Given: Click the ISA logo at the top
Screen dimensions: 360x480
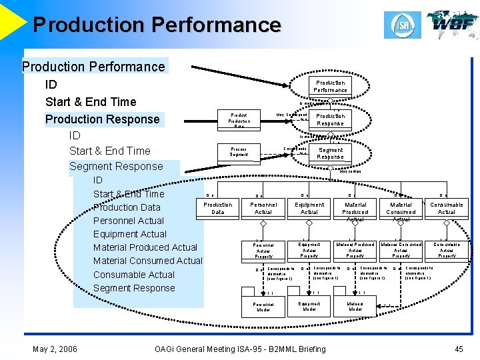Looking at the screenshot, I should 402,25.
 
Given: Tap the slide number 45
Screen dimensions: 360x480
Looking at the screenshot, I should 458,349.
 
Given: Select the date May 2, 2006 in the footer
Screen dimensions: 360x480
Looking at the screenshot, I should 55,349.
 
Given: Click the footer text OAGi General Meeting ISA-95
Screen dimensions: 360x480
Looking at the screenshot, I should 240,349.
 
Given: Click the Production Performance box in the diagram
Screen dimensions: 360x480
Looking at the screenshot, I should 330,86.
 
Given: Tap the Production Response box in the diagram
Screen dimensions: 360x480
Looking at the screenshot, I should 330,119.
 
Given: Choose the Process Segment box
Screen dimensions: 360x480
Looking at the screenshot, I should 239,152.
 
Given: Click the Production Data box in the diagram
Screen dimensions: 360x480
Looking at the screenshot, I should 218,208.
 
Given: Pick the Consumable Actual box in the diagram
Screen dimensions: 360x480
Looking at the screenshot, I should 446,208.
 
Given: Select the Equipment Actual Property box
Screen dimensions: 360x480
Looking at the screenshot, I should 309,250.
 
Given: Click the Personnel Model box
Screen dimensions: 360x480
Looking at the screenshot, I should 263,307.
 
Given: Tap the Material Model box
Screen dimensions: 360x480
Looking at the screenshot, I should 355,307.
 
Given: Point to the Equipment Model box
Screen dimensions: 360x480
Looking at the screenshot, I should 309,307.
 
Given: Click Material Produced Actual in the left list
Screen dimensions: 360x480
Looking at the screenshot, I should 145,247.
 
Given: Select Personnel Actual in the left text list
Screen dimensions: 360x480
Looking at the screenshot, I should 129,221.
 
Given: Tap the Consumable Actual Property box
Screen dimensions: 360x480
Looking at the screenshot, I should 446,250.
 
